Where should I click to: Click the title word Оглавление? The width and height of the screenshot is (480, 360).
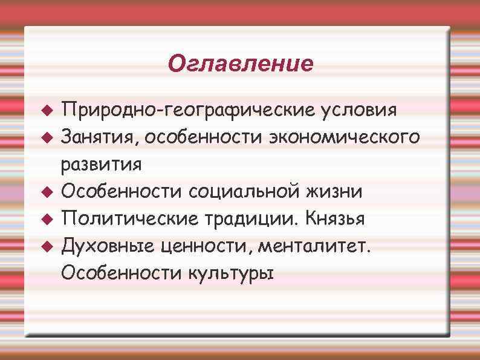(x=241, y=63)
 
